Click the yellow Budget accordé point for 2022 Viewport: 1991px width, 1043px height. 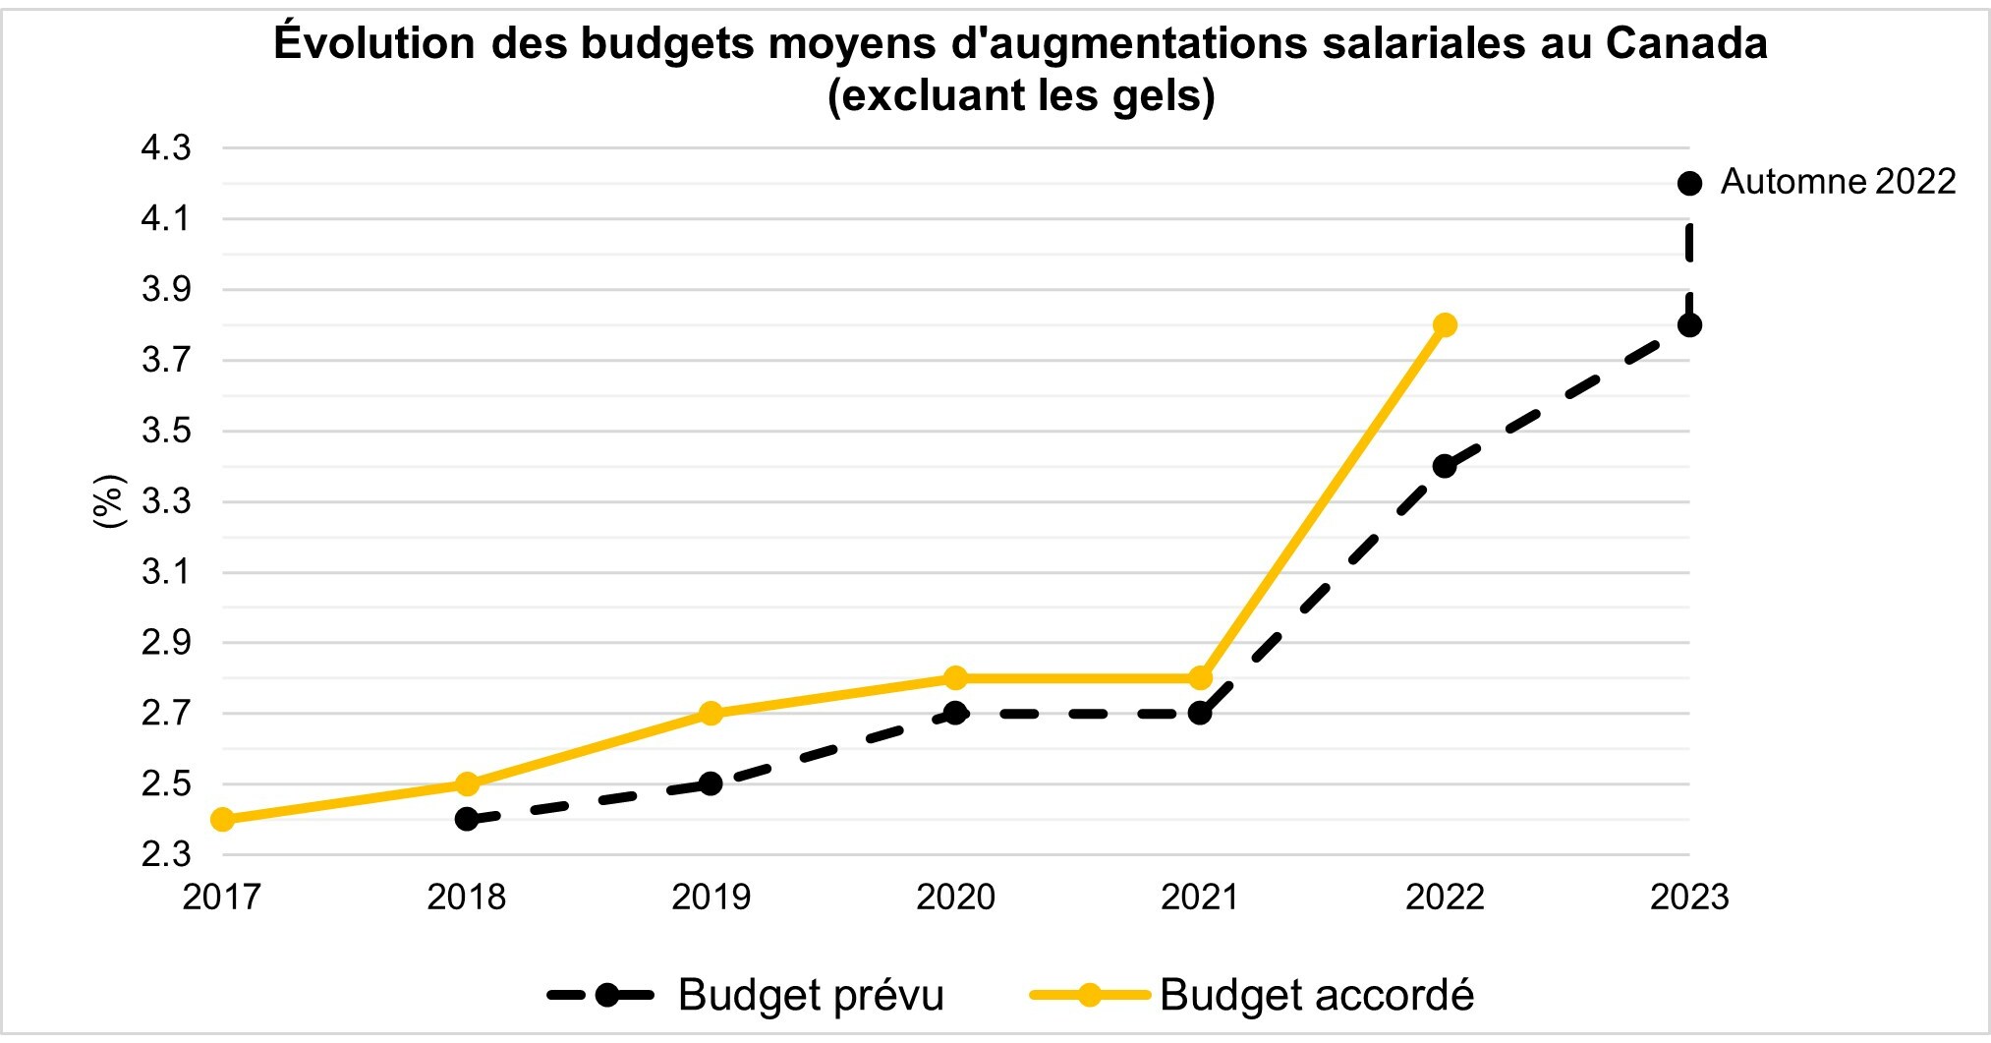[x=1444, y=324]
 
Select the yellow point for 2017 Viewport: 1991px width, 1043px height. [x=222, y=819]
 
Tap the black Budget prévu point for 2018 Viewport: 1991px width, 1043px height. [x=467, y=819]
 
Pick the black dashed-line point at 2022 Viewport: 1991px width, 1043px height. [x=1444, y=466]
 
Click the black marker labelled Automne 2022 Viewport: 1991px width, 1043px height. [x=1689, y=183]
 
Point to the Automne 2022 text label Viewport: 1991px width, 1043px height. [x=1838, y=182]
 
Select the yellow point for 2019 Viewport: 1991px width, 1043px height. [x=711, y=713]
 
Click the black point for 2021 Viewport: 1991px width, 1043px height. [x=1200, y=713]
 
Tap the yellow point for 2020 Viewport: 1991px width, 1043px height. [x=955, y=677]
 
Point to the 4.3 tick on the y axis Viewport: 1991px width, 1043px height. [x=166, y=148]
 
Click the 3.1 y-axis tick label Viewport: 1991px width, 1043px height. [x=166, y=572]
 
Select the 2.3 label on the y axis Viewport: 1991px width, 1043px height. [x=166, y=854]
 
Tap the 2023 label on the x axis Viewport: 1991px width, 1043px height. [x=1688, y=897]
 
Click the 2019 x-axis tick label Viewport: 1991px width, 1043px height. [x=711, y=897]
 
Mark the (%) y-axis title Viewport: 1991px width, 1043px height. [x=109, y=500]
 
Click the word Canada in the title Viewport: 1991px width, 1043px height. [x=1686, y=43]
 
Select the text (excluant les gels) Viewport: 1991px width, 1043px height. [x=1021, y=95]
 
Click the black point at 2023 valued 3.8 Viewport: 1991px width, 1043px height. [x=1689, y=324]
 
